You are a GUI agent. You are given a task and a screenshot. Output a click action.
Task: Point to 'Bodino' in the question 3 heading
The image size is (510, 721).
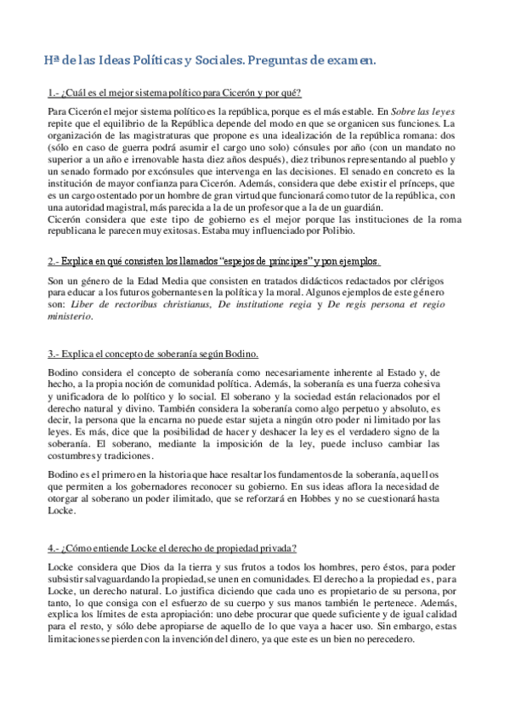click(x=241, y=353)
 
